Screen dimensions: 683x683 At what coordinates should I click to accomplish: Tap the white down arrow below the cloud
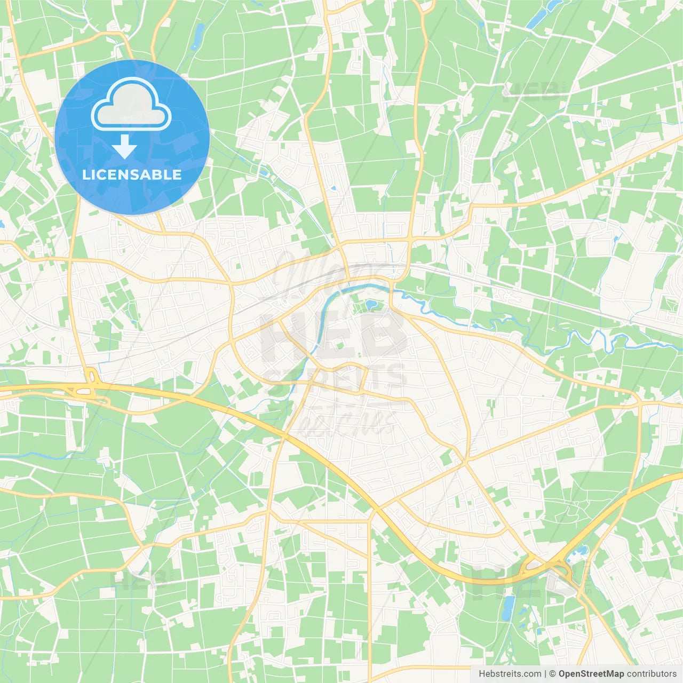124,147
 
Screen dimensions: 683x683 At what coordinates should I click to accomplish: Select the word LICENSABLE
132,174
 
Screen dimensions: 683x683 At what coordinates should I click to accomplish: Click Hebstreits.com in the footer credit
510,674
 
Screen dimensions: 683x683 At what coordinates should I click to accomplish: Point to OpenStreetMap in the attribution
591,674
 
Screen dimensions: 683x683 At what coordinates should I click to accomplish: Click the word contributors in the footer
652,674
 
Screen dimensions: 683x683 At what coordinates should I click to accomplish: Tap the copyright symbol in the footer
552,674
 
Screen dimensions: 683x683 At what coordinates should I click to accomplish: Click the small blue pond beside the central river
371,306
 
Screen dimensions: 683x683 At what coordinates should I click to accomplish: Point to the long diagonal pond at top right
541,16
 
